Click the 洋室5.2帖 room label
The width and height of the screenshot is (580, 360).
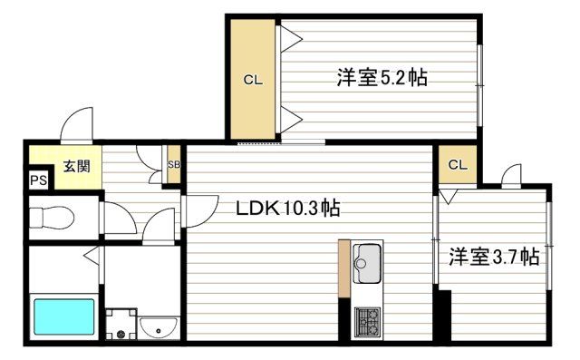pyautogui.click(x=382, y=78)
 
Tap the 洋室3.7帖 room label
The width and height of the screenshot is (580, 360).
pyautogui.click(x=495, y=258)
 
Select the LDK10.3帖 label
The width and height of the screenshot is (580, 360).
pyautogui.click(x=287, y=208)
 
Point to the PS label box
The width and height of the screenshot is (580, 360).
pyautogui.click(x=37, y=180)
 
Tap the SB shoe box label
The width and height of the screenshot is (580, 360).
pyautogui.click(x=174, y=165)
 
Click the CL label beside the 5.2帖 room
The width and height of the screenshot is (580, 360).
pyautogui.click(x=252, y=80)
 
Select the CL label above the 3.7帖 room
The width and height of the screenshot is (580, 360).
pyautogui.click(x=459, y=165)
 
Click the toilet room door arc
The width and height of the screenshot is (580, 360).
pyautogui.click(x=117, y=219)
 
